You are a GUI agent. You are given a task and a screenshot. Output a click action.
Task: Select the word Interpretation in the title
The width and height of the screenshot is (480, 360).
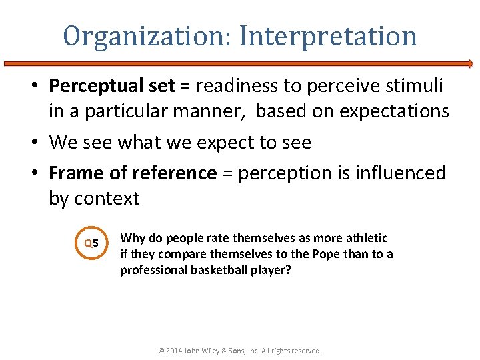point(328,36)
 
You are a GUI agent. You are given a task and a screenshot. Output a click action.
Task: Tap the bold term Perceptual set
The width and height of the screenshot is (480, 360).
point(112,86)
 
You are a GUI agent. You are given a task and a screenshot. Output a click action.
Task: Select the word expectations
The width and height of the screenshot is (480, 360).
point(394,111)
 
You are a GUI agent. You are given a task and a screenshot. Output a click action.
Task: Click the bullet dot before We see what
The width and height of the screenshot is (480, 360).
point(39,143)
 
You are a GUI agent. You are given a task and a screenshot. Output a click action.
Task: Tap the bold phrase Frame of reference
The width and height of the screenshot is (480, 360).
point(133,173)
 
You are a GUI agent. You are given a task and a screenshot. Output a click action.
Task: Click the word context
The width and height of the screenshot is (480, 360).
point(107,199)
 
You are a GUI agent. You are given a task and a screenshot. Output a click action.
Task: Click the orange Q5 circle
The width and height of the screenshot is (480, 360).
point(91,243)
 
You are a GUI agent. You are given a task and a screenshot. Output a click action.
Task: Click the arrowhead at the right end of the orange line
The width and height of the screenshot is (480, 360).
point(470,64)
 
